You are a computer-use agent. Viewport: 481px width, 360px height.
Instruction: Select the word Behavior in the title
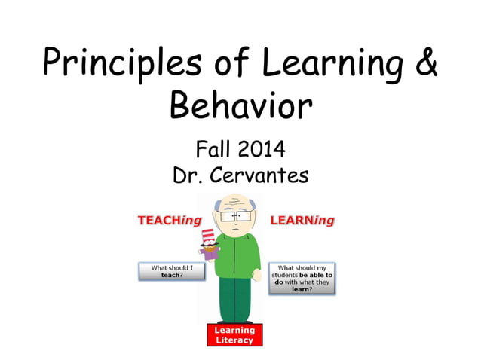pos(240,106)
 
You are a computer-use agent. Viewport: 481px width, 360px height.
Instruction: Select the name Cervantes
pos(262,175)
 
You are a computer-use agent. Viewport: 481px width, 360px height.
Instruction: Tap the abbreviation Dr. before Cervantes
pos(191,175)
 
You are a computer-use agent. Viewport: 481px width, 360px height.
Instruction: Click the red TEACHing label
pos(167,221)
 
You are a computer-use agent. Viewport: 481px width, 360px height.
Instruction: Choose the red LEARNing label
pos(302,221)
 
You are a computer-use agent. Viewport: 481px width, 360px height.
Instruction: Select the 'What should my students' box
pos(302,278)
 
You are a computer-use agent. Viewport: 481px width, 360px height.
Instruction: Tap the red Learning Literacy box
pos(234,335)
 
